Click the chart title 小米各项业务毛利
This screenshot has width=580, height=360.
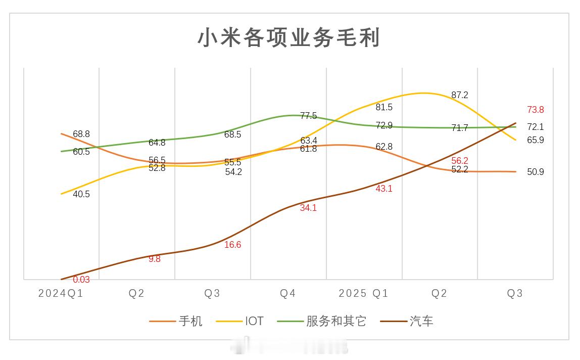pos(288,38)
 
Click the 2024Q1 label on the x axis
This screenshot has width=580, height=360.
pos(61,294)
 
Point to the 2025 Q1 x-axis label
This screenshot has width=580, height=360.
pos(363,294)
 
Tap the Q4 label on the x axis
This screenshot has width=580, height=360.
pos(288,294)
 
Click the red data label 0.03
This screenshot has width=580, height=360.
pos(81,280)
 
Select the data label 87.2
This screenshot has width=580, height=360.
pos(459,95)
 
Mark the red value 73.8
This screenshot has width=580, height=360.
pos(535,110)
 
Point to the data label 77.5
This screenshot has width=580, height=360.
pos(308,116)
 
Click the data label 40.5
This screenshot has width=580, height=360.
pos(81,194)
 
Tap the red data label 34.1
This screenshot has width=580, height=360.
pos(308,207)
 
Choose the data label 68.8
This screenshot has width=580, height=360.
pos(81,134)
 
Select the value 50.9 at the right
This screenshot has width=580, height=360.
pos(535,172)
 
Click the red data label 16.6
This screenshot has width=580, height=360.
pos(232,245)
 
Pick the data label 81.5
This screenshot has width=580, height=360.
pos(384,107)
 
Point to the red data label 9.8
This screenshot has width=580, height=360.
pos(155,259)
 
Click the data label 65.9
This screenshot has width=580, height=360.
pos(535,140)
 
